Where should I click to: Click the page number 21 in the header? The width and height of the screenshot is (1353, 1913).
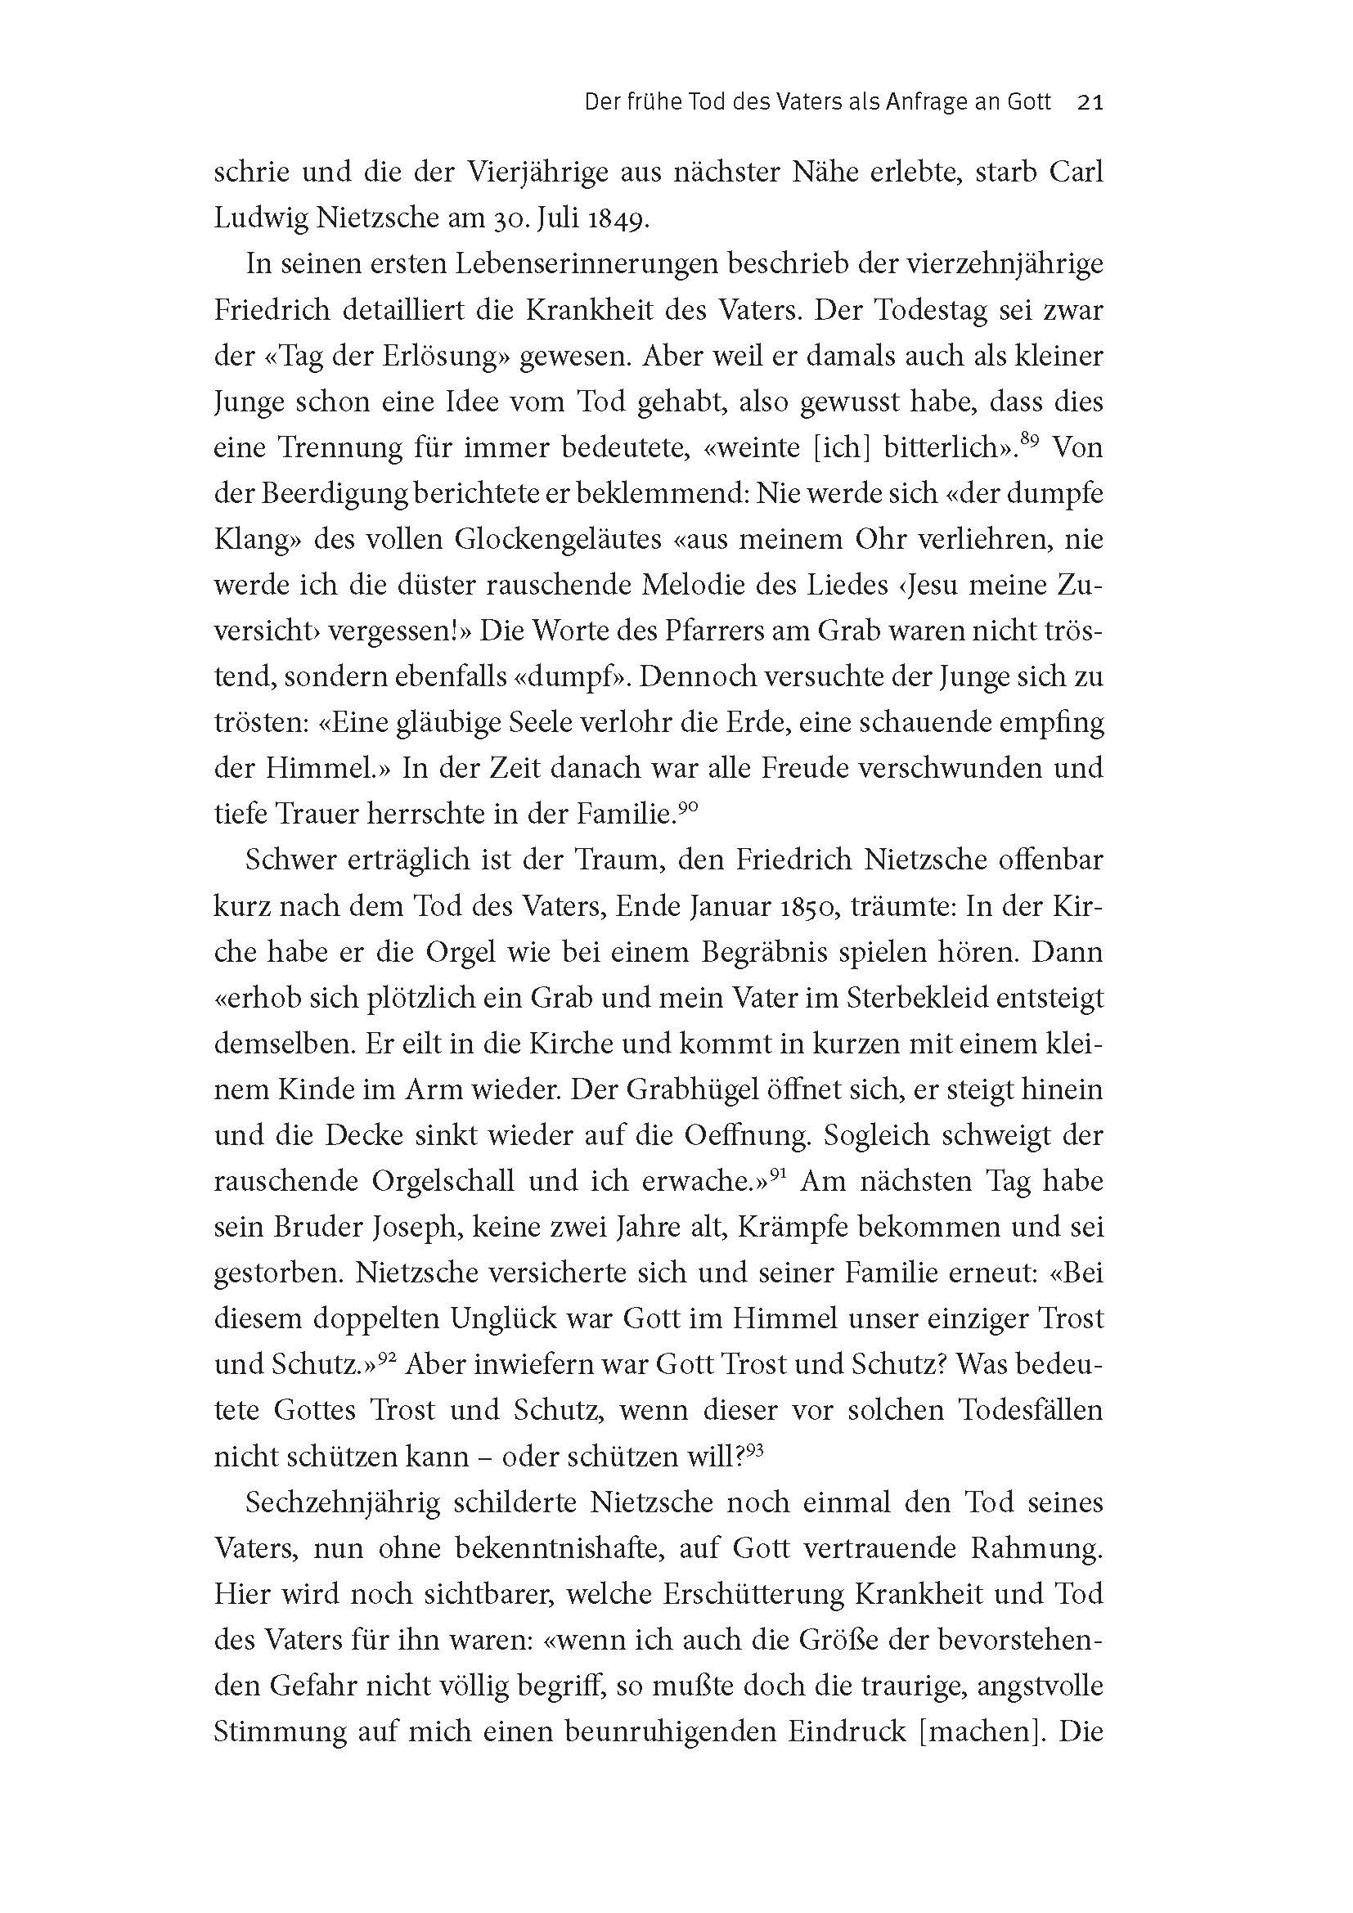[x=1090, y=102]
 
